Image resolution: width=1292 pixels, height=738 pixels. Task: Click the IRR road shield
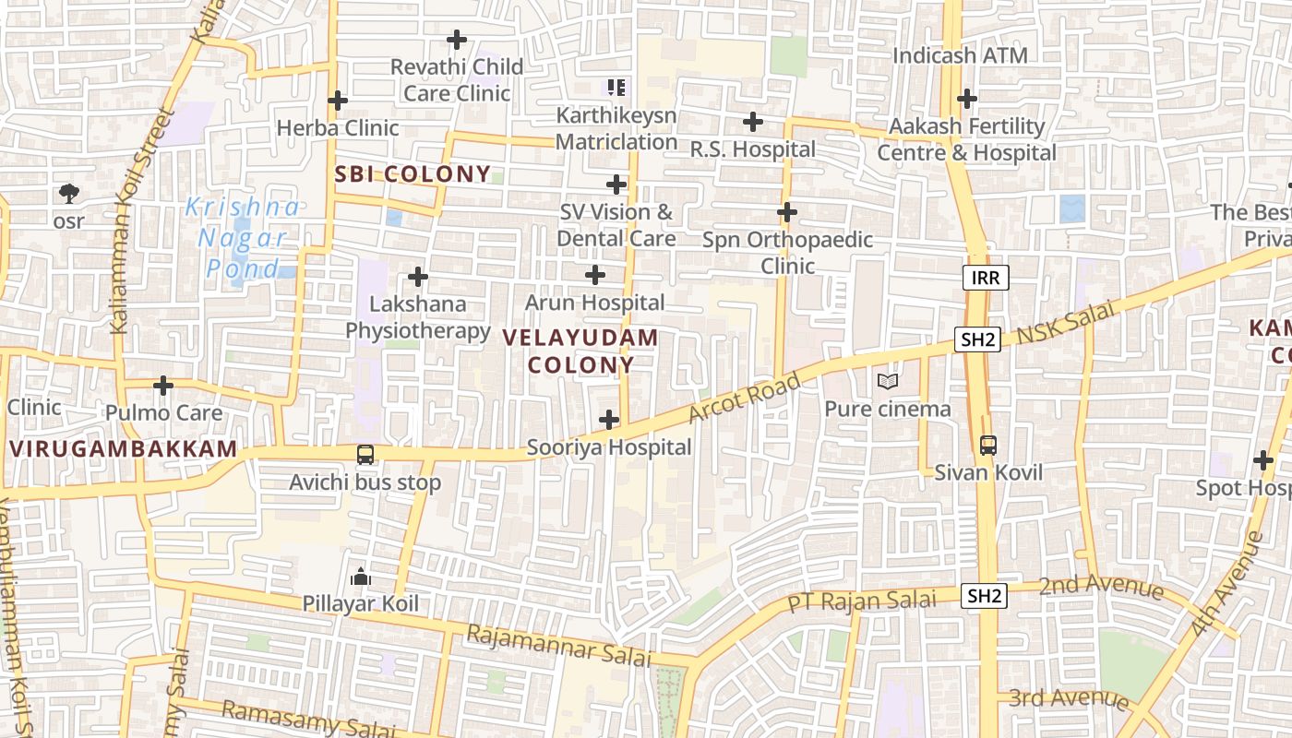click(986, 277)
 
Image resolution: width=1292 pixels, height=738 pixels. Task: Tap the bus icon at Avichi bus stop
click(365, 454)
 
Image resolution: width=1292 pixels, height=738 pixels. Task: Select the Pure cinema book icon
click(888, 381)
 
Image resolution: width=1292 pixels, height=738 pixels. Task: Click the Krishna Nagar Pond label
click(243, 237)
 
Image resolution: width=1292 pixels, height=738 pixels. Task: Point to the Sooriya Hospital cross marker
click(609, 420)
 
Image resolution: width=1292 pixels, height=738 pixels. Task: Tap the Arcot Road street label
click(744, 398)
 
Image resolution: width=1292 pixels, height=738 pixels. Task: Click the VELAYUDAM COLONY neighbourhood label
click(581, 351)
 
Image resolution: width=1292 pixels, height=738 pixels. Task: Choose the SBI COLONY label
click(413, 173)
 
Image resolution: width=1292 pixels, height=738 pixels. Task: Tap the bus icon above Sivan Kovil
click(987, 446)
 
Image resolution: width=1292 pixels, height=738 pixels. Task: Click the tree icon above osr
click(68, 193)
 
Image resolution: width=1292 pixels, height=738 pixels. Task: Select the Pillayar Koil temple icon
click(361, 577)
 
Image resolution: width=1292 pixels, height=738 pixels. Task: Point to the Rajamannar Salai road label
click(558, 645)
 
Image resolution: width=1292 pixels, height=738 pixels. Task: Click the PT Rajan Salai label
click(861, 601)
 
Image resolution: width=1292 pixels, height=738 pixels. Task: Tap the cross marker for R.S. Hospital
click(753, 121)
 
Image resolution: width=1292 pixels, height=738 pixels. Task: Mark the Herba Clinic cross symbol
click(338, 100)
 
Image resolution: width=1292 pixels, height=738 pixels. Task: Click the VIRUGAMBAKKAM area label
click(124, 449)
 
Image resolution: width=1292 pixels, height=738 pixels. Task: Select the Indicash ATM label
click(960, 55)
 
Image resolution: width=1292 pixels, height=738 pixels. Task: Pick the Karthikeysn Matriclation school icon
click(616, 88)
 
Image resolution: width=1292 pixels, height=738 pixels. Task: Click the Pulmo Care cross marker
click(163, 385)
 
